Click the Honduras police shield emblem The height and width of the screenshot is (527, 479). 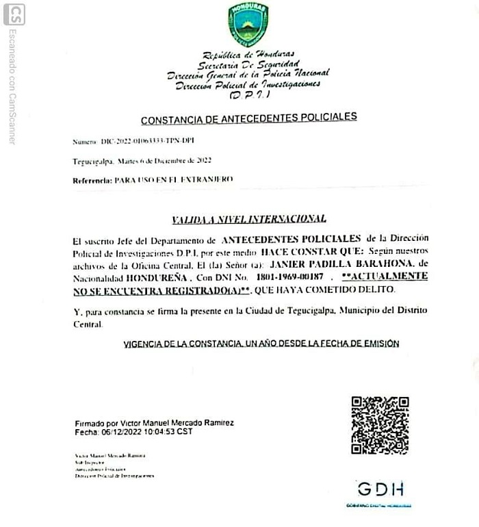[x=248, y=24]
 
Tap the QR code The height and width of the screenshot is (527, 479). [x=380, y=425]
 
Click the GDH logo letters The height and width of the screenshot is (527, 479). [x=380, y=489]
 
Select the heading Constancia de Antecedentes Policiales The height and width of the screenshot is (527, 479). [x=248, y=118]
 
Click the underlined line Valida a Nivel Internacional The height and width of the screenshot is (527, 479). [x=249, y=219]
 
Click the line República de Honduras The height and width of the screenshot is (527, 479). [x=248, y=54]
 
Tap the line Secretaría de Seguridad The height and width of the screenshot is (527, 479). [x=248, y=64]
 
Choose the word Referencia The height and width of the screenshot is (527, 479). [x=92, y=179]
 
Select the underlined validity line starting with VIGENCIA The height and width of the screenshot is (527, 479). [x=261, y=344]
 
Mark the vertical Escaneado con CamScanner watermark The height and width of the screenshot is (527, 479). [x=12, y=86]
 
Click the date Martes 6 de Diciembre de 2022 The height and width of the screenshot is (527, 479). [x=164, y=161]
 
